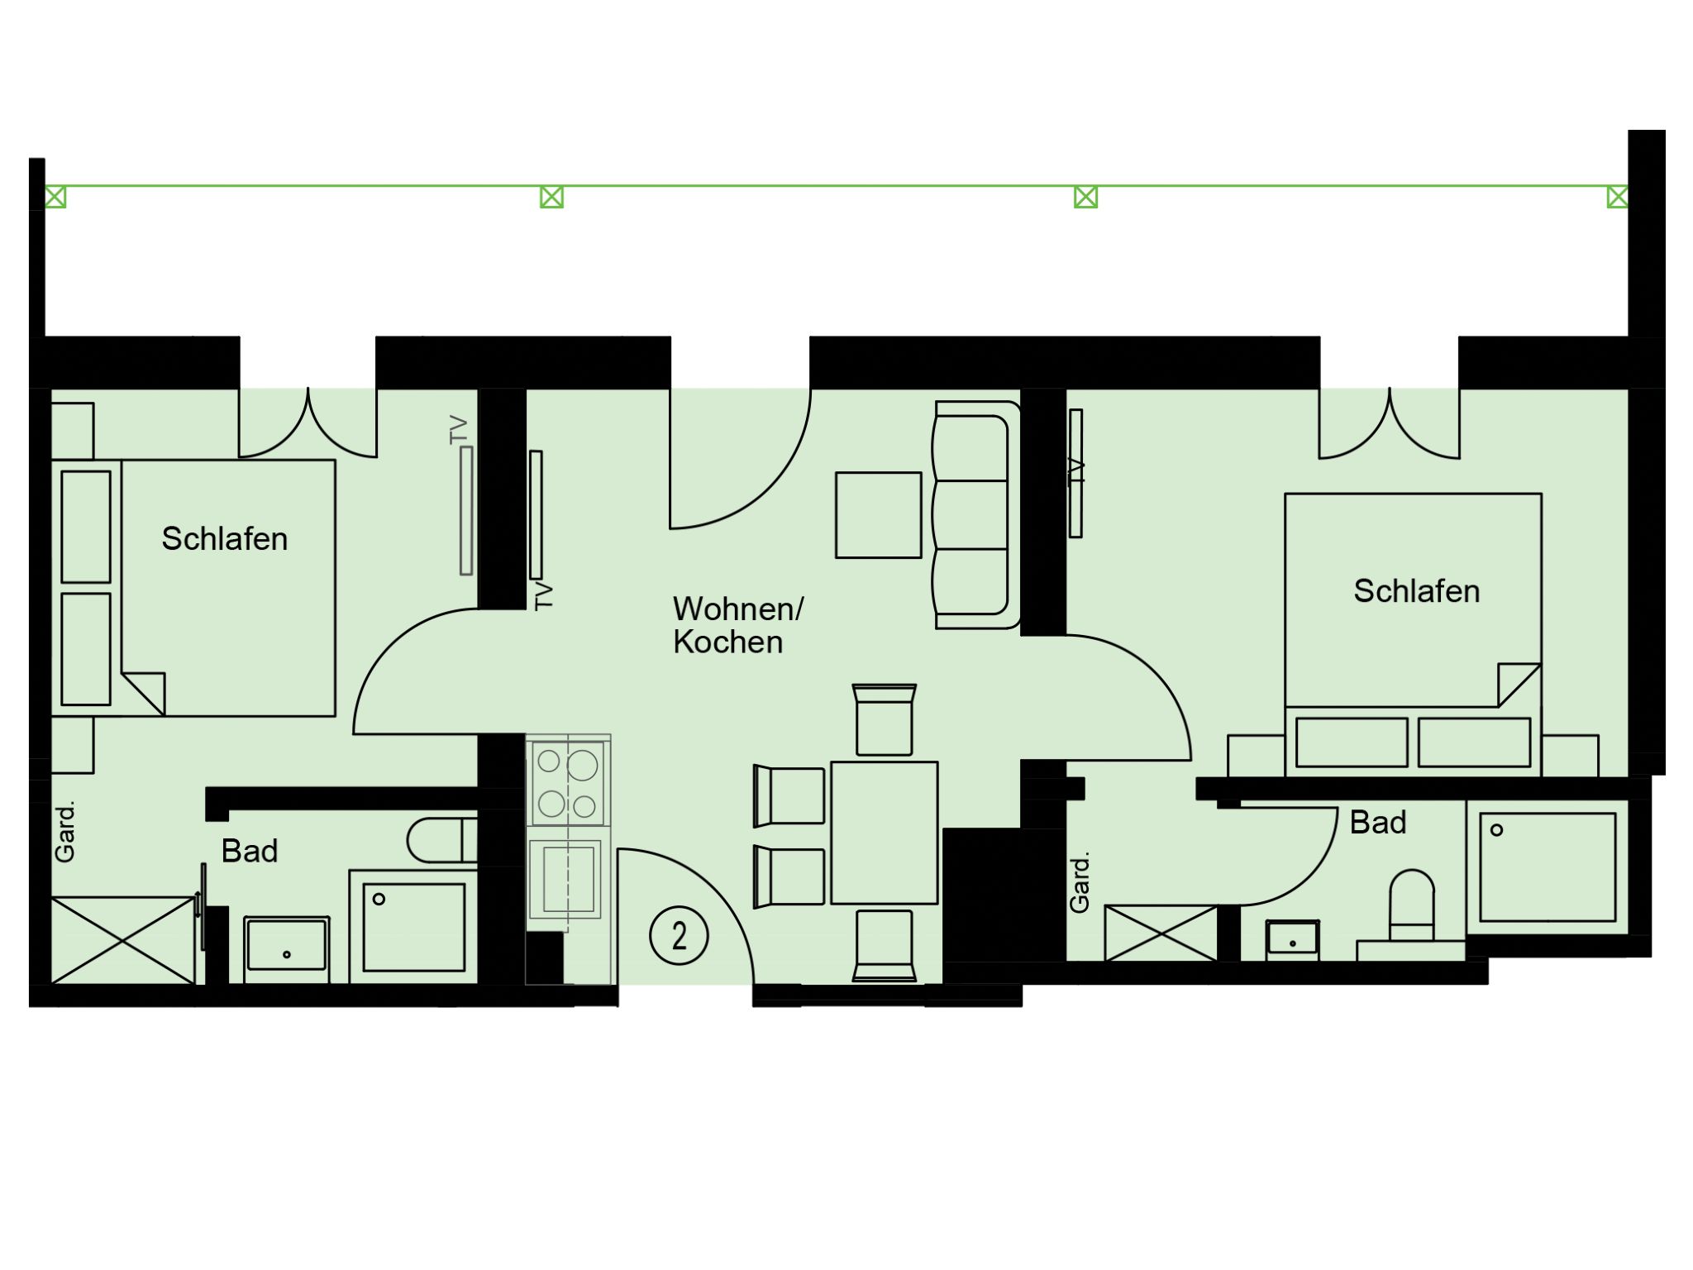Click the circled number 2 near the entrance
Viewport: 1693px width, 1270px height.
click(x=679, y=936)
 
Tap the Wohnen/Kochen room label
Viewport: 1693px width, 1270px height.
click(x=737, y=625)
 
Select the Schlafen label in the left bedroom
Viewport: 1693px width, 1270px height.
click(x=225, y=539)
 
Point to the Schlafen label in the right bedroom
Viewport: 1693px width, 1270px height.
click(x=1416, y=591)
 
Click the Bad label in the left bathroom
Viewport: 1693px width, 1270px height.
click(x=249, y=851)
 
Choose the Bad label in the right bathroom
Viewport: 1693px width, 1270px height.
click(x=1378, y=823)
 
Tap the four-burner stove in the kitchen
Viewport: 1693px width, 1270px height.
click(x=568, y=782)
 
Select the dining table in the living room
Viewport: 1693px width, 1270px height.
click(x=884, y=833)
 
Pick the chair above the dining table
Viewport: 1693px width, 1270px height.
click(x=884, y=719)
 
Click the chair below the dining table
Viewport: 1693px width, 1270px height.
click(x=884, y=946)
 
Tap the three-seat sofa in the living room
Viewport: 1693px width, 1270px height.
click(x=976, y=514)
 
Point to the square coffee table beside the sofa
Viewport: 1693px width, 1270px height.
click(x=878, y=515)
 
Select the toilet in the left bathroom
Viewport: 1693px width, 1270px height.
click(x=442, y=840)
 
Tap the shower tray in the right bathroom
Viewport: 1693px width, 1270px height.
click(x=1547, y=867)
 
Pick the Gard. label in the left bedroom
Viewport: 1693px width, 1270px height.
click(x=65, y=831)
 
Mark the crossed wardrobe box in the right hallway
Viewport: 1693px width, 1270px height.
click(x=1161, y=933)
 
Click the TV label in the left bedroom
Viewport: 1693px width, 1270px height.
click(x=459, y=430)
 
